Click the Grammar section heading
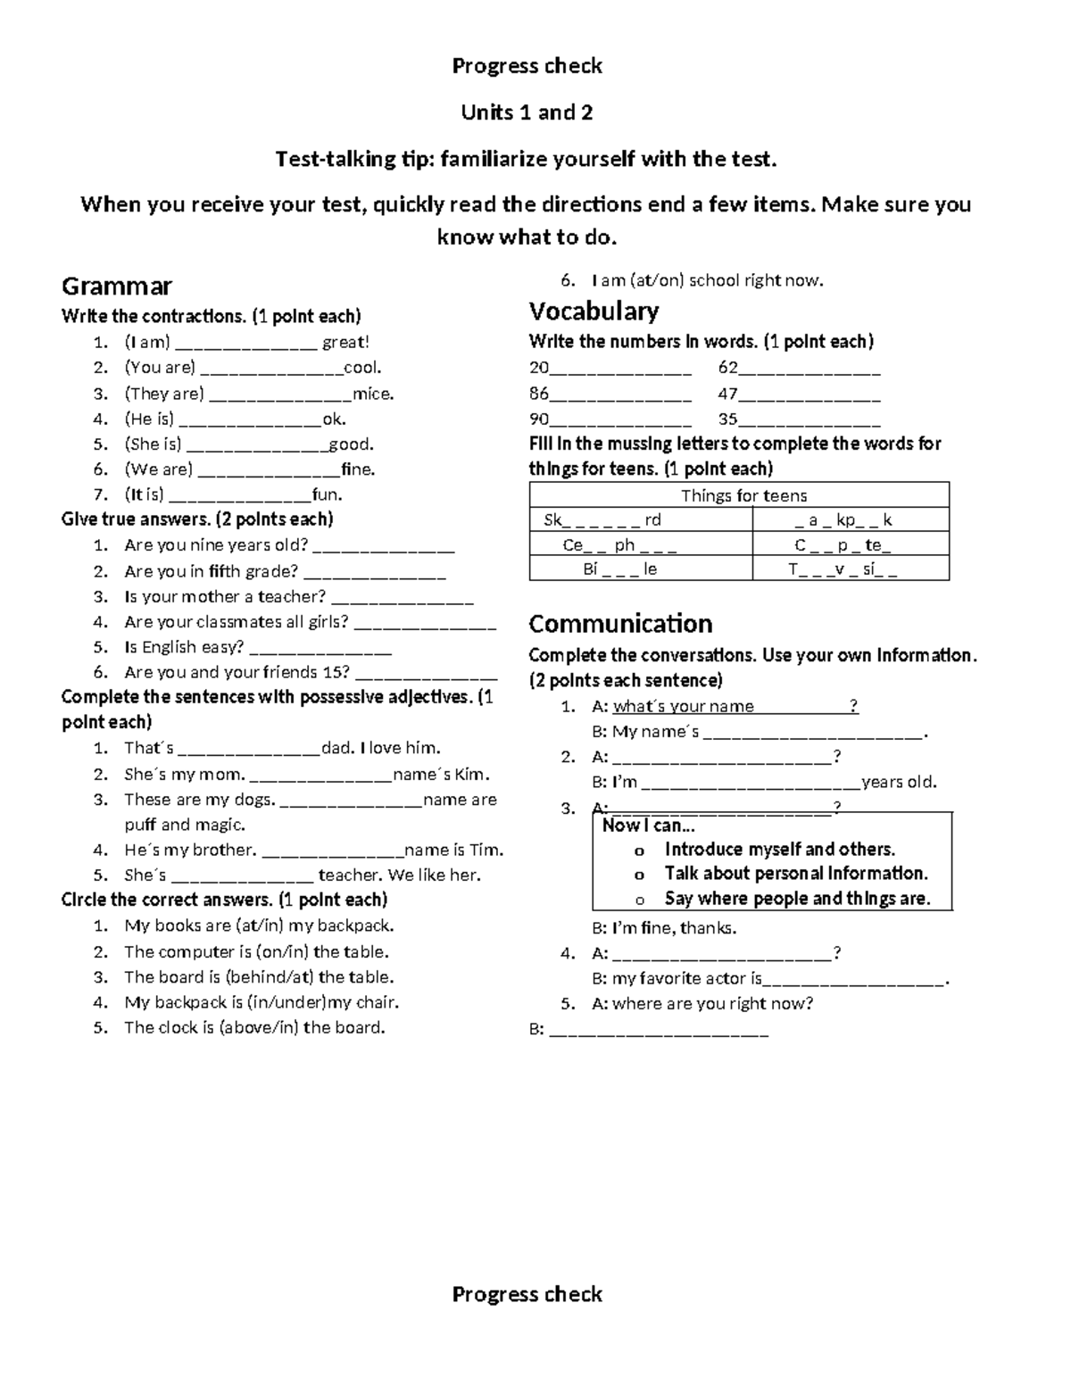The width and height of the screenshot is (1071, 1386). [116, 286]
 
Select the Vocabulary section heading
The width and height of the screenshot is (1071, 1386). [594, 311]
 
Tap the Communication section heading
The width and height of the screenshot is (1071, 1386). [620, 623]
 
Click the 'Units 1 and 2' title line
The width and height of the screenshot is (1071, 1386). [527, 112]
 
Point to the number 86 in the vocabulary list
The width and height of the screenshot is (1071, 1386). [539, 394]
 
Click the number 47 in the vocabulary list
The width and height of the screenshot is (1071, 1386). [728, 394]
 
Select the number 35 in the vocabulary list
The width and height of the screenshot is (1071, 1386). [728, 419]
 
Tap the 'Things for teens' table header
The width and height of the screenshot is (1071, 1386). [743, 495]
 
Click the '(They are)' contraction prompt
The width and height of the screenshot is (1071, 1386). [164, 394]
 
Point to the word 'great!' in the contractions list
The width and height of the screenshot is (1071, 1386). [345, 342]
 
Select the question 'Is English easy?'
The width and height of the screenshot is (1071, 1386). [184, 647]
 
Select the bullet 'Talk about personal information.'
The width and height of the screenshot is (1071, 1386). [796, 874]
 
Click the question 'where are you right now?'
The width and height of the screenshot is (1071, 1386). [712, 1003]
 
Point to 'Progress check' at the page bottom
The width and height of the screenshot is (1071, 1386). [527, 1294]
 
